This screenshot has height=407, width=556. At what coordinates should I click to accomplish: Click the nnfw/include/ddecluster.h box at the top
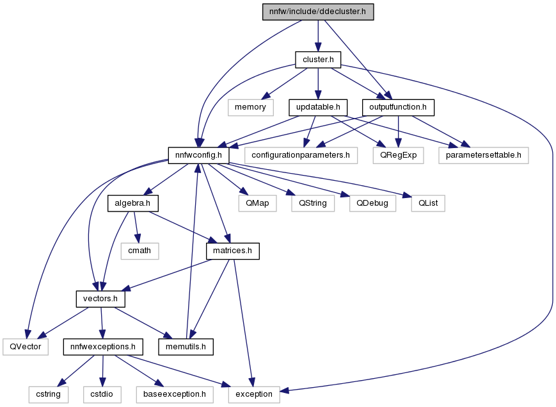coord(318,12)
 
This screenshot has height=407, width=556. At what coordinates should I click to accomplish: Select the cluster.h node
coord(318,60)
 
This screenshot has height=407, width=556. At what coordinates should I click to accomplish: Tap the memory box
coord(250,107)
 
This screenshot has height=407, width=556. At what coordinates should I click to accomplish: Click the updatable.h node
coord(318,107)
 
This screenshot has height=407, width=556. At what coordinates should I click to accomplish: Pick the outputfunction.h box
coord(398,107)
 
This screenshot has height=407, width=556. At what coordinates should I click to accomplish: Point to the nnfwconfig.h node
coord(198,155)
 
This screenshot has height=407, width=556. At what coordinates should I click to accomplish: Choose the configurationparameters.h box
coord(301,155)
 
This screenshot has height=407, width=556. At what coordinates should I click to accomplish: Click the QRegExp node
coord(398,155)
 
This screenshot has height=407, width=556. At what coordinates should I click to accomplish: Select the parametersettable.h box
coord(484,155)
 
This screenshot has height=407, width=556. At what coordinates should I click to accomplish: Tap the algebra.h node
coord(132,203)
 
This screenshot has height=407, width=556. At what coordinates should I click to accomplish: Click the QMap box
coord(257,203)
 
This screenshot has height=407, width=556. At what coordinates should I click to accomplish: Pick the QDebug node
coord(372,203)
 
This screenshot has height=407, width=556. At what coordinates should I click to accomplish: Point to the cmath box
coord(139,251)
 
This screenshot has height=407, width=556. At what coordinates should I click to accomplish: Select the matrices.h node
coord(233,251)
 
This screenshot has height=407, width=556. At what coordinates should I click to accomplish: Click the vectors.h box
coord(100,299)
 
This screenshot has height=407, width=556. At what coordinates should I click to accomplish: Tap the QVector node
coord(26,347)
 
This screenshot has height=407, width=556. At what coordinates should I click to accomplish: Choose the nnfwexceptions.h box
coord(103,347)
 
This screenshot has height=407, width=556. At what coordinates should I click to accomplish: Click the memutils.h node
coord(186,347)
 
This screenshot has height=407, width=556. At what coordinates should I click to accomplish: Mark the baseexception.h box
coord(175,394)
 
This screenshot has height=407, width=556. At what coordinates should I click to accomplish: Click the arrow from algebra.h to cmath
coord(136,228)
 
